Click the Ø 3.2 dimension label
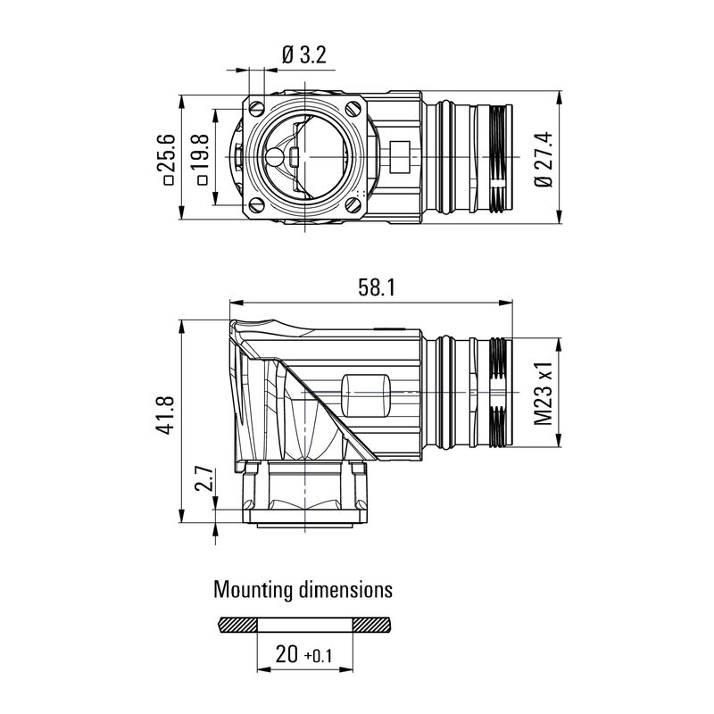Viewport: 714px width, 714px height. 303,55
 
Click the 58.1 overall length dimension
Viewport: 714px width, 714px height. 377,287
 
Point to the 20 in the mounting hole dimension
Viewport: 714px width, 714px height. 286,655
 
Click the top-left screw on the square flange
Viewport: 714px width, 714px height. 258,108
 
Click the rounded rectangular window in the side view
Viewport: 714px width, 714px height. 366,394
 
